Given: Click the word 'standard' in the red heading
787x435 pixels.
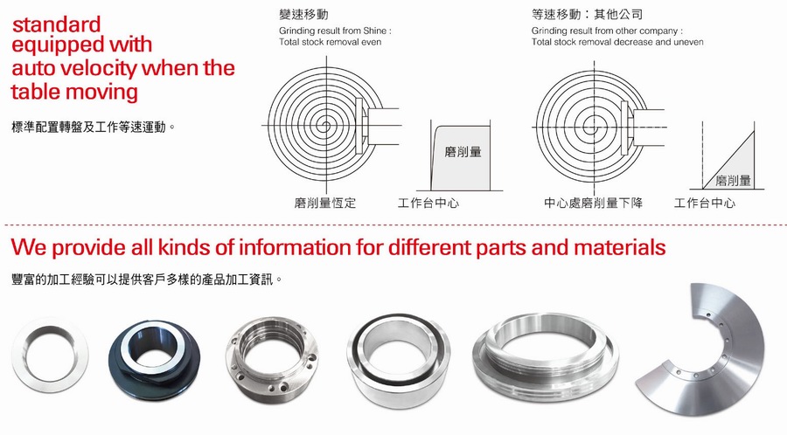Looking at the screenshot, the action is (56, 24).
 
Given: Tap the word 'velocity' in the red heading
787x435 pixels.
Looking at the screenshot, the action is (94, 69).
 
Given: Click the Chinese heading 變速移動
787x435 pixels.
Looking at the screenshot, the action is (303, 14).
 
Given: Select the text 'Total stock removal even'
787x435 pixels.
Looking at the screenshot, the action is (331, 42).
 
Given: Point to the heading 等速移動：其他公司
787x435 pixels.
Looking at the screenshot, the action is (588, 14).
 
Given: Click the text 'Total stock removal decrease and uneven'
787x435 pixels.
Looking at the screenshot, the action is (617, 42).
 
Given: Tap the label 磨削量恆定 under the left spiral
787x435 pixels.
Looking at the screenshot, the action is (325, 203).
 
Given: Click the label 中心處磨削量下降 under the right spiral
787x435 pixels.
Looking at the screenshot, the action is (593, 203).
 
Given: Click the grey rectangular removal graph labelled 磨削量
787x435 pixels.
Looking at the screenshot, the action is (461, 158).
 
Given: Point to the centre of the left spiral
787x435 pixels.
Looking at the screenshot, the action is (327, 125).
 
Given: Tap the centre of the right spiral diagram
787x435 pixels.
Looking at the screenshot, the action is (595, 128).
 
